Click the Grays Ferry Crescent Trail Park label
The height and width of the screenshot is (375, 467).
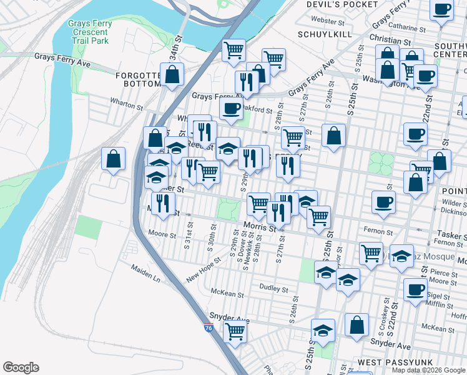pos(89,32)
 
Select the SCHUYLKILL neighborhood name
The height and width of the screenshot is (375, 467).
pos(325,34)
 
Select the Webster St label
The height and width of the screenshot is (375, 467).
pos(323,21)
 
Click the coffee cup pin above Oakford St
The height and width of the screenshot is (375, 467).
pos(230,108)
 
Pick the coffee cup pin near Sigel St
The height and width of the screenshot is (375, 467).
pos(415,289)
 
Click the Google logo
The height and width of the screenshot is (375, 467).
pos(21,367)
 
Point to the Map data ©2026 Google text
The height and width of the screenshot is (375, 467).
pos(428,370)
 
